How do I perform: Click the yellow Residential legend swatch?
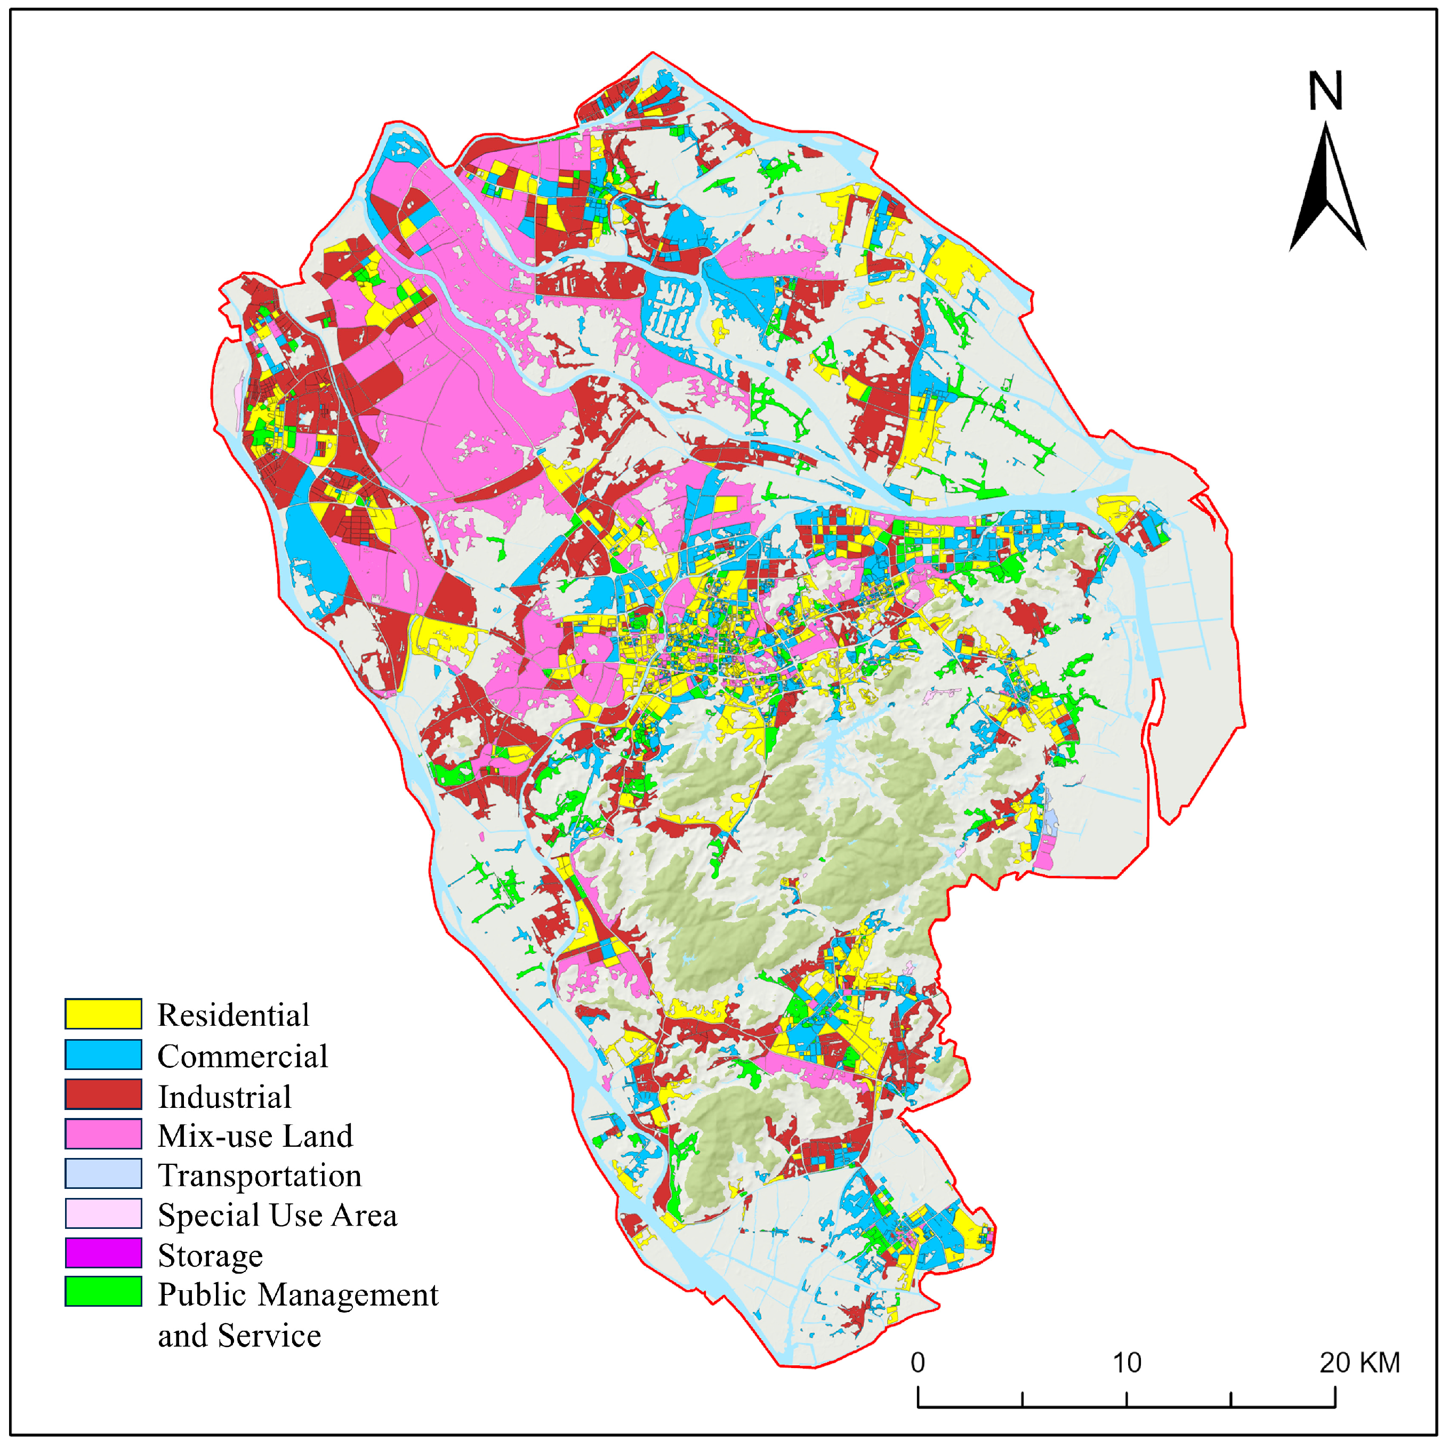[103, 1014]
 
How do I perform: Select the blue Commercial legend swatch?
[103, 1055]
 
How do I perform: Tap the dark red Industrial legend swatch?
[103, 1095]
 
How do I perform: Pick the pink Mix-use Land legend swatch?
[103, 1135]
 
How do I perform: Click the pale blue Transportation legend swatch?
[103, 1175]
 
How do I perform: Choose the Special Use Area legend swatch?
[103, 1214]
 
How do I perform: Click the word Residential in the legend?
[233, 1016]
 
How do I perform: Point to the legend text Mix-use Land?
[255, 1136]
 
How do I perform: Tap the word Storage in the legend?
[210, 1256]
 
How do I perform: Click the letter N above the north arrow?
[1325, 92]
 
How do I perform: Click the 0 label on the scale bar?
[918, 1363]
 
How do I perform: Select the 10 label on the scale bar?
[1127, 1363]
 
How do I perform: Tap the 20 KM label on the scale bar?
[1359, 1363]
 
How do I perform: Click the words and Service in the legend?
[239, 1336]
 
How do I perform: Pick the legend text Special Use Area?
[277, 1216]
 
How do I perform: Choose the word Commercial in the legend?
[242, 1056]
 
